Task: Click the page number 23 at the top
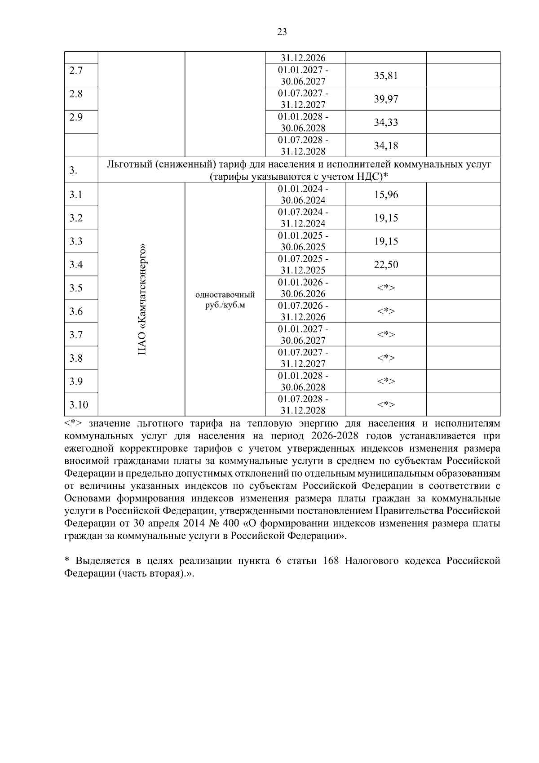[282, 32]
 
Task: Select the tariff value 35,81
[386, 75]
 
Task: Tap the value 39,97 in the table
[386, 99]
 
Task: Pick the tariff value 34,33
[386, 122]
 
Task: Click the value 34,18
[386, 146]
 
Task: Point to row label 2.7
[76, 71]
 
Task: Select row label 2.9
[76, 117]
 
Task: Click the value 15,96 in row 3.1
[386, 195]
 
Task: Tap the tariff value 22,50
[386, 265]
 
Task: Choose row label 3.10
[79, 405]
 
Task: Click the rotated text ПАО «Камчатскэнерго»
[142, 300]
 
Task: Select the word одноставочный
[225, 295]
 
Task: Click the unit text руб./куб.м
[225, 306]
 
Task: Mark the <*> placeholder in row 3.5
[386, 288]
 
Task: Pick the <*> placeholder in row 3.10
[386, 405]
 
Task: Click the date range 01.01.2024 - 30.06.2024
[303, 195]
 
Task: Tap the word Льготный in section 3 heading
[127, 164]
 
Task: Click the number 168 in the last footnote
[331, 561]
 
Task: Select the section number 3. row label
[73, 170]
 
